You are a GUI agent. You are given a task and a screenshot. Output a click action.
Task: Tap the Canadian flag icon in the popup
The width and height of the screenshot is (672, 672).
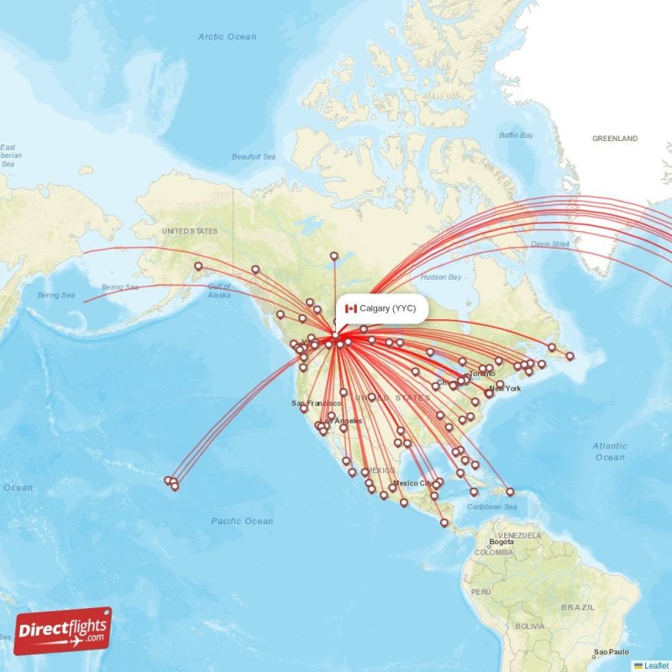pyautogui.click(x=351, y=309)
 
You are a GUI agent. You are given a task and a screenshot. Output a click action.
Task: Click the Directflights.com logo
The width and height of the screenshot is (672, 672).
pyautogui.click(x=63, y=631)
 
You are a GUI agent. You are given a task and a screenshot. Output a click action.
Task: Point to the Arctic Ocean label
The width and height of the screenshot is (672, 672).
pyautogui.click(x=227, y=37)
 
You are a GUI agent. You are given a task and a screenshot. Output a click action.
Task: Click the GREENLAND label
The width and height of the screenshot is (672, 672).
pyautogui.click(x=615, y=139)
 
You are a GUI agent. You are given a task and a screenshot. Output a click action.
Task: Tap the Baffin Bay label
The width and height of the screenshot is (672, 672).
pyautogui.click(x=517, y=135)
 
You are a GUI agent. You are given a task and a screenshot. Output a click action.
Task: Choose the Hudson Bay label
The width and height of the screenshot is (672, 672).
pyautogui.click(x=441, y=276)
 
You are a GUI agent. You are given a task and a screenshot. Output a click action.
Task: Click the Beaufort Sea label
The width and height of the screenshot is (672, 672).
pyautogui.click(x=254, y=157)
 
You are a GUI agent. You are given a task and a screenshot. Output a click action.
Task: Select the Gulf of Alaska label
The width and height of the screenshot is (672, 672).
pyautogui.click(x=218, y=291)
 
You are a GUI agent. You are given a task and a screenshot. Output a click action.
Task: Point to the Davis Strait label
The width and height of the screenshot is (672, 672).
pyautogui.click(x=550, y=244)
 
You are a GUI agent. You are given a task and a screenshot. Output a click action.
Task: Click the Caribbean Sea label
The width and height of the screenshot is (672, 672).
pyautogui.click(x=493, y=507)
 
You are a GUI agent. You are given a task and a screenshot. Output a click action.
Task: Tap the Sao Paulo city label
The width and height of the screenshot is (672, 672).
pyautogui.click(x=611, y=652)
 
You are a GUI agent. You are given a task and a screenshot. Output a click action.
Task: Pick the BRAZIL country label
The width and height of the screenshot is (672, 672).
pyautogui.click(x=578, y=606)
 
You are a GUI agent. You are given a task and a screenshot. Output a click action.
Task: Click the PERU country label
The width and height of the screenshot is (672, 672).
pyautogui.click(x=480, y=592)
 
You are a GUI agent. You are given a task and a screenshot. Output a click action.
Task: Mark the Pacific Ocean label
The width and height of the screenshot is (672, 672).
pyautogui.click(x=242, y=522)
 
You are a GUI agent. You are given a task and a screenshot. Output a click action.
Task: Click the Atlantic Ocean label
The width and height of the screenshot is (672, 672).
pyautogui.click(x=609, y=452)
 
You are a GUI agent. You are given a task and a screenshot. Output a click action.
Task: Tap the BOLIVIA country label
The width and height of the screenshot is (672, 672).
pyautogui.click(x=530, y=626)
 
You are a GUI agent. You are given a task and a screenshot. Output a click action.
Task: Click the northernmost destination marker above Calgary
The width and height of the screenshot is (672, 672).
pyautogui.click(x=333, y=256)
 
